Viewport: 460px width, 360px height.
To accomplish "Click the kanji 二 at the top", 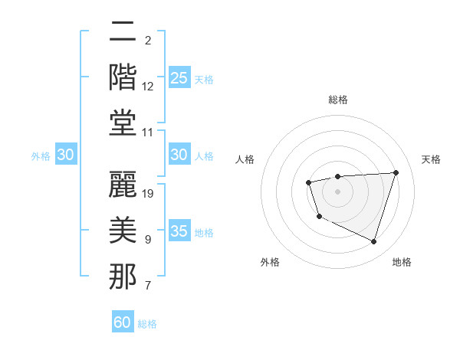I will point(123,33).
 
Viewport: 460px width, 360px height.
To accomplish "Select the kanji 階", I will point(123,79).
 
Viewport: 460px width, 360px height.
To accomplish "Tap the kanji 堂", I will point(123,123).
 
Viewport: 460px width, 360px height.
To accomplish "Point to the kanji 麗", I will point(123,185).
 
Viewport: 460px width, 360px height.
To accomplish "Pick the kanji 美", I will point(123,231).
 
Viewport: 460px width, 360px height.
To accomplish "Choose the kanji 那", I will point(123,277).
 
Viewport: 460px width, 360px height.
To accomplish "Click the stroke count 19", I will point(149,193).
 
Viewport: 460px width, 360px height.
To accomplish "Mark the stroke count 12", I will point(149,87).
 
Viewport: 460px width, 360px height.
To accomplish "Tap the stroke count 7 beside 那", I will point(148,286).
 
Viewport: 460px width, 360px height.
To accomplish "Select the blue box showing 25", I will point(179,78).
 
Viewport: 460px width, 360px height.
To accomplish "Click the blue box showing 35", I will point(179,231).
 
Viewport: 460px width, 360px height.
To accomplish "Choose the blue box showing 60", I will point(123,322).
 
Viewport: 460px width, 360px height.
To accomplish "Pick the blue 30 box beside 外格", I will point(65,155).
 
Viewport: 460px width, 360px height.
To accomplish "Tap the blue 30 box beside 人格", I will point(179,155).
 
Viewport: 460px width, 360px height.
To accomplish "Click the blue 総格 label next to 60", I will point(148,324).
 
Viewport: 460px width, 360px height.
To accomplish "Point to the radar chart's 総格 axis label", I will point(337,100).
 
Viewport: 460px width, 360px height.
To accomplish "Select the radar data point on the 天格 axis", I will point(396,172).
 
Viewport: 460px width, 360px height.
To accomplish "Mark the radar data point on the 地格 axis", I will point(373,241).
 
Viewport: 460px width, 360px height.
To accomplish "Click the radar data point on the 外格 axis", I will point(319,217).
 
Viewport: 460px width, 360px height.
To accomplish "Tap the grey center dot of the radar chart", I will point(337,191).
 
